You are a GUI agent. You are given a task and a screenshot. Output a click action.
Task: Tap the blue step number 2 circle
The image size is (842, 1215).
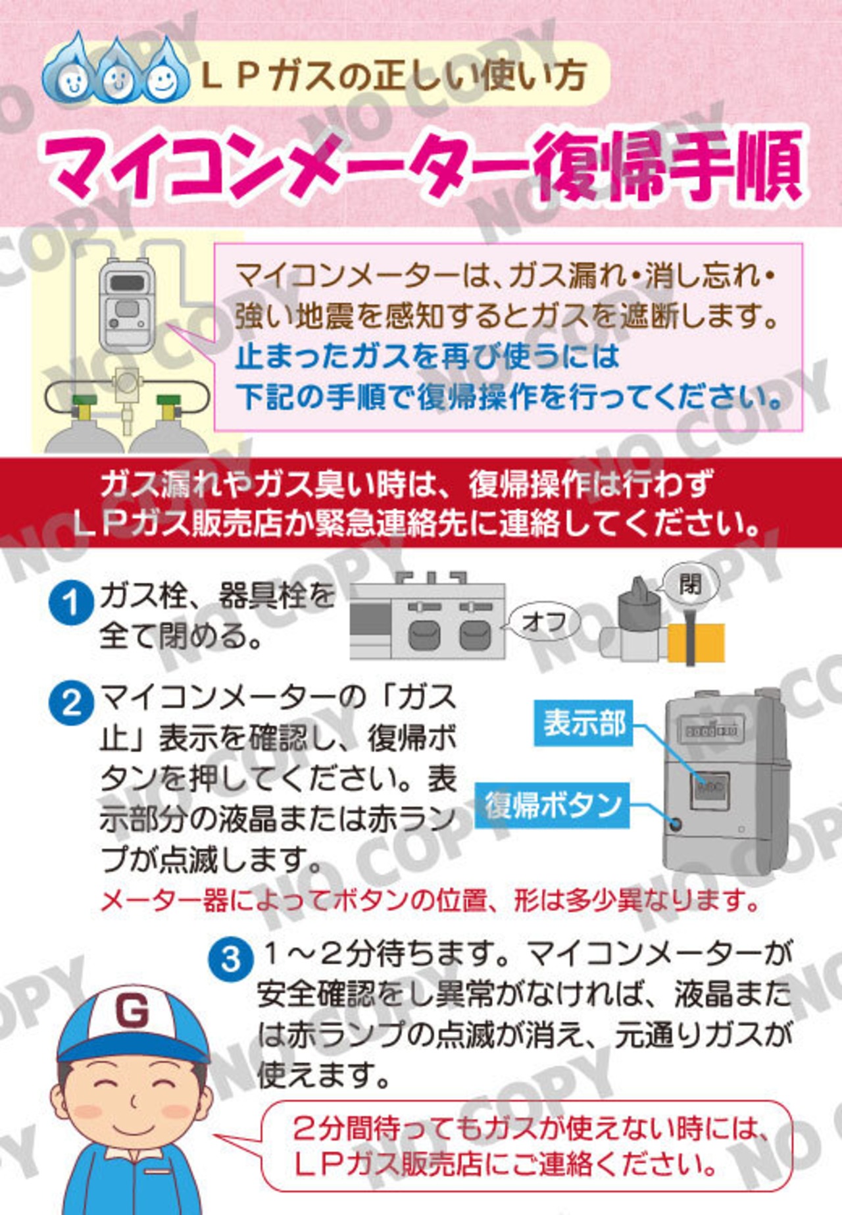(71, 703)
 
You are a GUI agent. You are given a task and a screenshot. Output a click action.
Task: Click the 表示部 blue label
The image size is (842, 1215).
(583, 723)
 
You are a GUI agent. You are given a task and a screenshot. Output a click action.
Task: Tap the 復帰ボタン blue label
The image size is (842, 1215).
(553, 805)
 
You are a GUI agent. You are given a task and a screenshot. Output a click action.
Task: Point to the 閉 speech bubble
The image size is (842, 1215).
(690, 582)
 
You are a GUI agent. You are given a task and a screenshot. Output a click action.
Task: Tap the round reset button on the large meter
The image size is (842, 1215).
(674, 823)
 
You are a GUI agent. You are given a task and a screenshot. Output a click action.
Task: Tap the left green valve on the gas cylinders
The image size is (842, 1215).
(85, 405)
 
